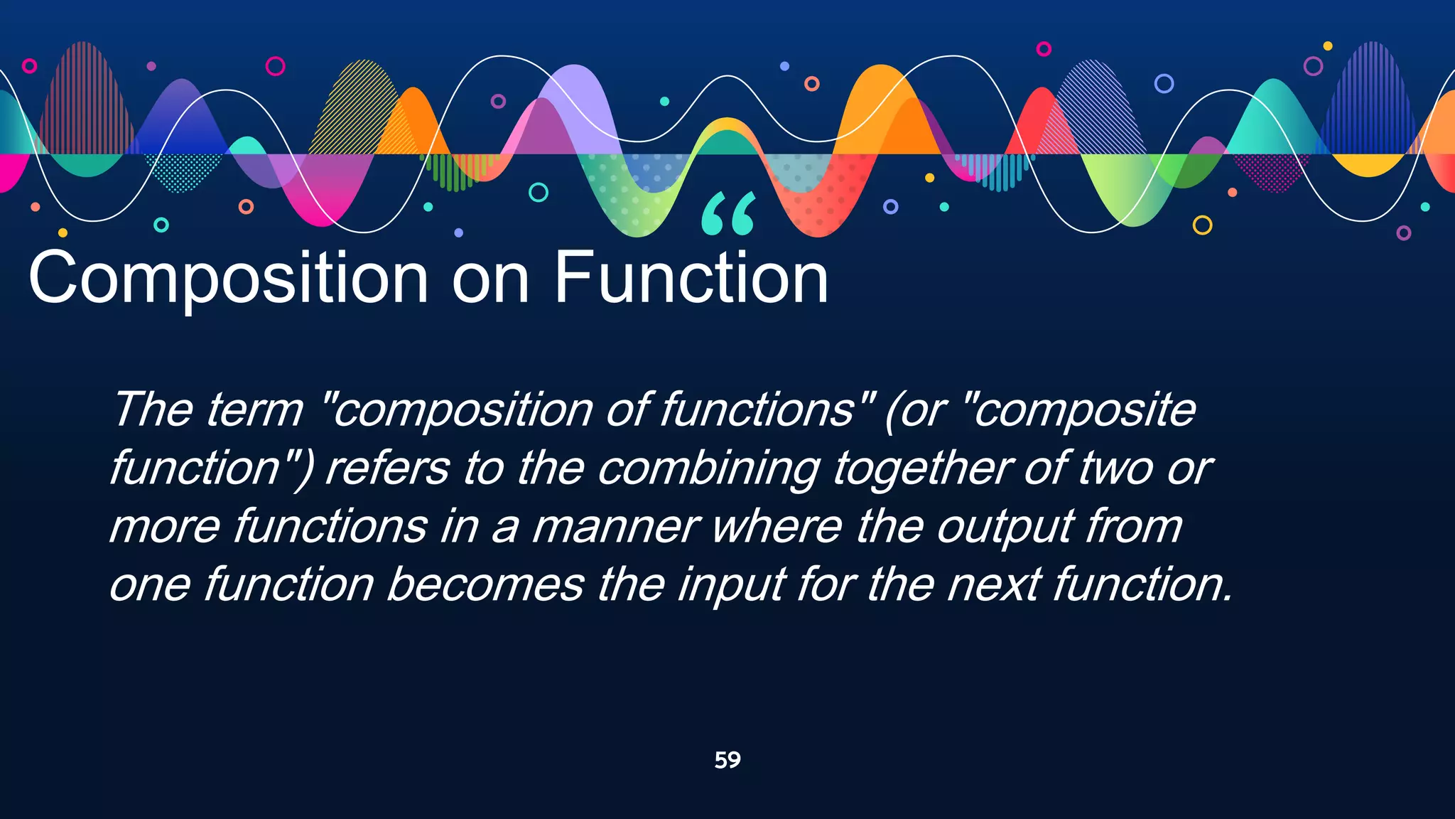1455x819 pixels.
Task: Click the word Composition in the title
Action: tap(227, 279)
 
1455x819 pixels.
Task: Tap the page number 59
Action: tap(727, 760)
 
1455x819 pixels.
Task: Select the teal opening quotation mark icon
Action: tap(727, 213)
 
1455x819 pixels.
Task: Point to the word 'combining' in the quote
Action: tap(708, 469)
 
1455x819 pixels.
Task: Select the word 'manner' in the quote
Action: tap(615, 528)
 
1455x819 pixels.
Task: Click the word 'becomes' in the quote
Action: tap(485, 585)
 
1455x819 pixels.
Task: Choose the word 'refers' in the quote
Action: tap(387, 469)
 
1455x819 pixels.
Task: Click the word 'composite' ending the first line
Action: tap(1083, 410)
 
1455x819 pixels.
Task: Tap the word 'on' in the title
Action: tap(490, 279)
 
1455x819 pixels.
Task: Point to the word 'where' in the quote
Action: tap(777, 528)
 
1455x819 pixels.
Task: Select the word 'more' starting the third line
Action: tap(165, 528)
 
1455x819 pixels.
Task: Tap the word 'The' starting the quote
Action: tap(153, 410)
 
